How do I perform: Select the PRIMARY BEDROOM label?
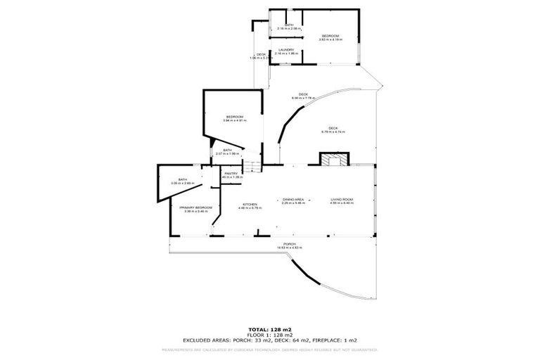195,207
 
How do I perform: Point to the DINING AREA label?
293,199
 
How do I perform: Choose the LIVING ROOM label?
342,199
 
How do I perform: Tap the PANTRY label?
231,173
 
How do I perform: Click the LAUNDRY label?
285,49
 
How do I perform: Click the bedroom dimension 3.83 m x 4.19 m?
330,39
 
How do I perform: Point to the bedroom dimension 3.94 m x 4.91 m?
234,120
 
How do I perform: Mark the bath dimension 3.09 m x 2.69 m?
182,183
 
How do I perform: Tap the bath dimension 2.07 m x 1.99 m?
227,153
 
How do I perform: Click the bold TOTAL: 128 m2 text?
270,329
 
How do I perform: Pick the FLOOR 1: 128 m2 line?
270,334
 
